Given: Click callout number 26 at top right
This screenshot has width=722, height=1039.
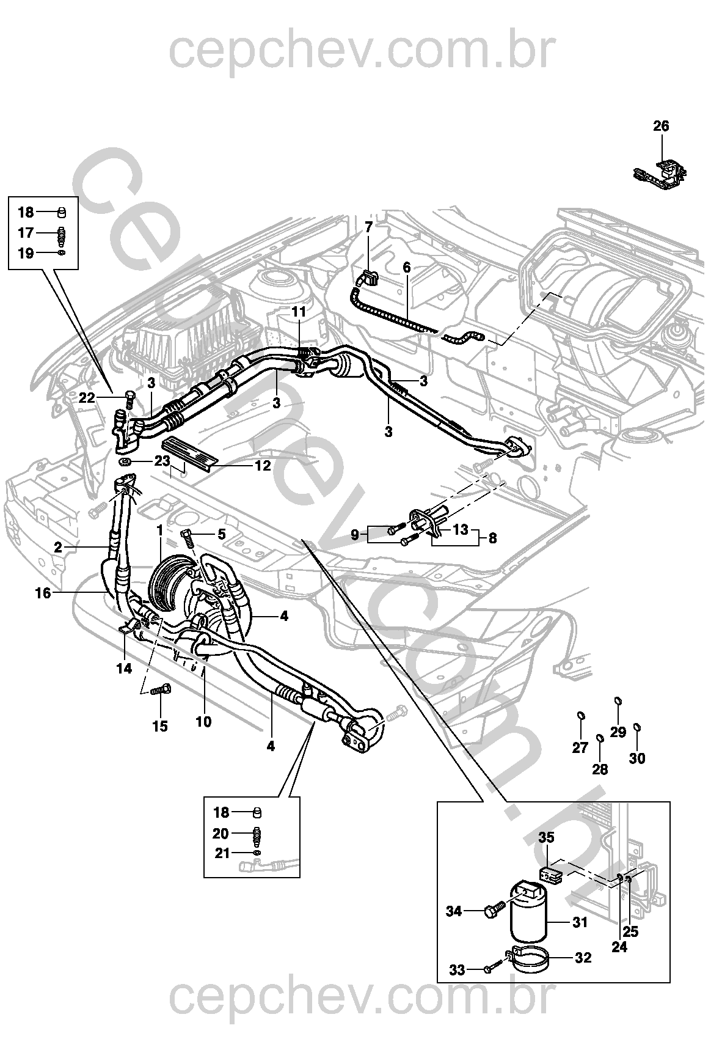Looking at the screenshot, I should coord(661,127).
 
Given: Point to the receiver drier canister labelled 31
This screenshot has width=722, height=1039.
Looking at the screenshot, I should coord(529,920).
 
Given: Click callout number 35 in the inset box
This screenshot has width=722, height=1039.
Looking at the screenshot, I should coord(546,838).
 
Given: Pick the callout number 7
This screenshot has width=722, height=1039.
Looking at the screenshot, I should coord(368,227).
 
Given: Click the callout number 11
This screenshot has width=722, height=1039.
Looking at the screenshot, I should coord(298,312).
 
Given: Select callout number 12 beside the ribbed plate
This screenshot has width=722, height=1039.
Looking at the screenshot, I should coord(263,466).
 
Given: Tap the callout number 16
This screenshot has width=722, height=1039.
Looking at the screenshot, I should coord(43,593).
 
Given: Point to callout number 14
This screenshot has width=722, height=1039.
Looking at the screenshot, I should coord(124,669).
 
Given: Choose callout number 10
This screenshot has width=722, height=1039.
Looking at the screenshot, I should coord(203,722).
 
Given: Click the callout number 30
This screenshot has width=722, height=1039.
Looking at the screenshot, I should coord(637,758).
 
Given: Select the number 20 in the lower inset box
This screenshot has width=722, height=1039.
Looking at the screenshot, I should coord(221,834).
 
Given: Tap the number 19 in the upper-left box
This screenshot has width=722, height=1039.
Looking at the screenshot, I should coord(26,253).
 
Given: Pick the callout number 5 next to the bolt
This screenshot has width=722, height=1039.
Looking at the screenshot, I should coord(222,535).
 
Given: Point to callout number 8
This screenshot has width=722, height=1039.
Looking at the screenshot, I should coord(492,538).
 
